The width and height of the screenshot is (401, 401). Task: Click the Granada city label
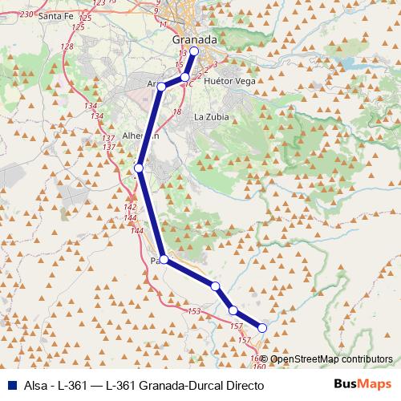195,39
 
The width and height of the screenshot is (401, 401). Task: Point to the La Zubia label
212,116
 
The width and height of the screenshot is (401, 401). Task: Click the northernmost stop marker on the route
193,51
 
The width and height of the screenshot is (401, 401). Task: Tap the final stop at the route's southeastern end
261,327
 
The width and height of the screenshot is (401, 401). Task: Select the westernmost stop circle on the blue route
139,168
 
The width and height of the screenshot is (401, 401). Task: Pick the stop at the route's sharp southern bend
164,260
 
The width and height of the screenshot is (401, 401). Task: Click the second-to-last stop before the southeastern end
233,310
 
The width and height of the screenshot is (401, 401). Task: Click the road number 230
26,14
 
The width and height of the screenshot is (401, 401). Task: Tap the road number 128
67,47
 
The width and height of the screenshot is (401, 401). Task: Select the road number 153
193,311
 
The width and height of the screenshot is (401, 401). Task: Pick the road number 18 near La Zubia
177,111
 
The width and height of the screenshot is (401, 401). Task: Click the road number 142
130,208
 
